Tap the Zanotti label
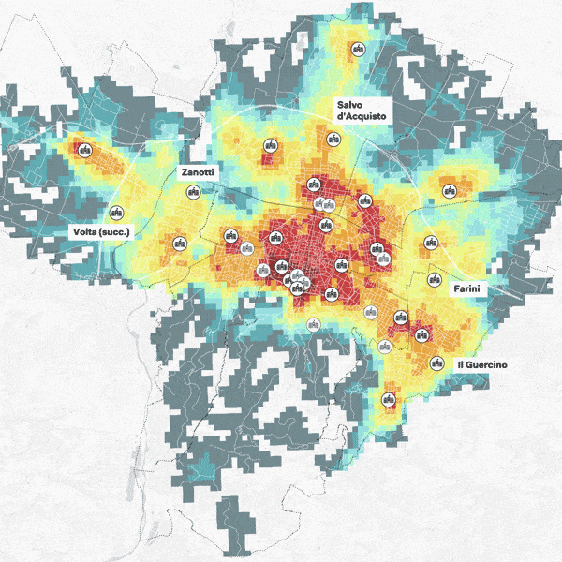[x=198, y=173]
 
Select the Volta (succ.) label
[x=103, y=231]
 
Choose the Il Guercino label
[x=481, y=363]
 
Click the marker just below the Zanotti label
[x=194, y=191]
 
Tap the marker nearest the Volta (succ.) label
[x=117, y=212]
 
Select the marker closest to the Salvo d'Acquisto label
[x=333, y=140]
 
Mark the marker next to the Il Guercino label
[x=436, y=363]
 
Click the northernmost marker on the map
[x=357, y=49]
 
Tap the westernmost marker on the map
[x=84, y=150]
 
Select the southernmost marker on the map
[x=389, y=401]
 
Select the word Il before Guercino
[x=460, y=363]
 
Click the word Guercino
[x=487, y=363]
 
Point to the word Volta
[x=84, y=231]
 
